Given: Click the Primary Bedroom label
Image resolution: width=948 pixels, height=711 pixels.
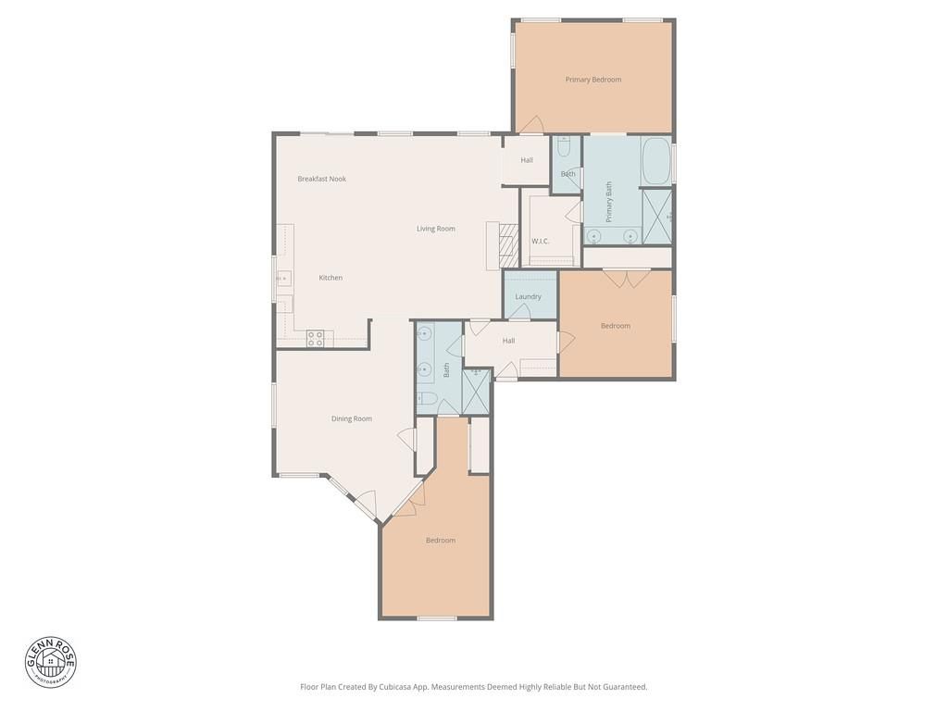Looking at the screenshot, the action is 593,80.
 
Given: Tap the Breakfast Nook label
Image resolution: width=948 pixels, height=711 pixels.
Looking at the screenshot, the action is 321,179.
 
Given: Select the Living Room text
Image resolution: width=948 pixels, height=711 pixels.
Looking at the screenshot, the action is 436,229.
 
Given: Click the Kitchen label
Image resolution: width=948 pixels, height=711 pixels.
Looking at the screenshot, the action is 331,278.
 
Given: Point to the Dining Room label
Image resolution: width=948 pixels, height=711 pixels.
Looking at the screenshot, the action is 351,419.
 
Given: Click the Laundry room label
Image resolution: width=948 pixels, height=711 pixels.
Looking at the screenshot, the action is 528,297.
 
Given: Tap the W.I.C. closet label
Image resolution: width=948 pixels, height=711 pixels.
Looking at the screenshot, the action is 540,242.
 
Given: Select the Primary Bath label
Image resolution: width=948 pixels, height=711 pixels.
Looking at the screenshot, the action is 609,202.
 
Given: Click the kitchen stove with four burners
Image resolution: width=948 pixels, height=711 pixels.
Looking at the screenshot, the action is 315,339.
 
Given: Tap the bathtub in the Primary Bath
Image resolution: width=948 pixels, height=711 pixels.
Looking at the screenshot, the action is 656,161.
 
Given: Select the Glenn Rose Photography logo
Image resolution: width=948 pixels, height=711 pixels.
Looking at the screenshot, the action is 51,662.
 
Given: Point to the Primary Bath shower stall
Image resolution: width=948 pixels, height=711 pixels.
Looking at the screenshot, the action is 656,217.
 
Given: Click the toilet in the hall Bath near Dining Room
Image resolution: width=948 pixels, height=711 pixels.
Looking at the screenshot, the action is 427,398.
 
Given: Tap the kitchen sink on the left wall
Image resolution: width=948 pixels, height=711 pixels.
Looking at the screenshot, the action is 283,278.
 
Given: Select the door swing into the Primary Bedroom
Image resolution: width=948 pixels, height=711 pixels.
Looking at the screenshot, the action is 532,124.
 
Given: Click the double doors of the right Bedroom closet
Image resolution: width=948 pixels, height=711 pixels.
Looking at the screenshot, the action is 627,278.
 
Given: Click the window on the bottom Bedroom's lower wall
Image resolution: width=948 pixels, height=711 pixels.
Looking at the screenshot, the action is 437,617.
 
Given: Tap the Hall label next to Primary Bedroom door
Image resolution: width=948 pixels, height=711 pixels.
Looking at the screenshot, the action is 527,160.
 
